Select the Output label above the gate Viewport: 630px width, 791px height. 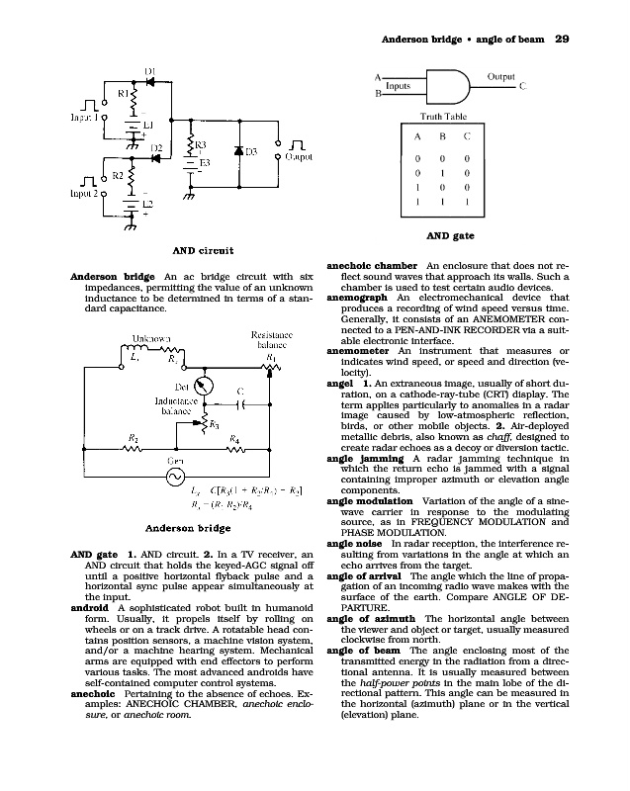coord(507,75)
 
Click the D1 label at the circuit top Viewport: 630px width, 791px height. coord(151,70)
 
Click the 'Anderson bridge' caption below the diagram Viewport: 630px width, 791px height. coord(188,528)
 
